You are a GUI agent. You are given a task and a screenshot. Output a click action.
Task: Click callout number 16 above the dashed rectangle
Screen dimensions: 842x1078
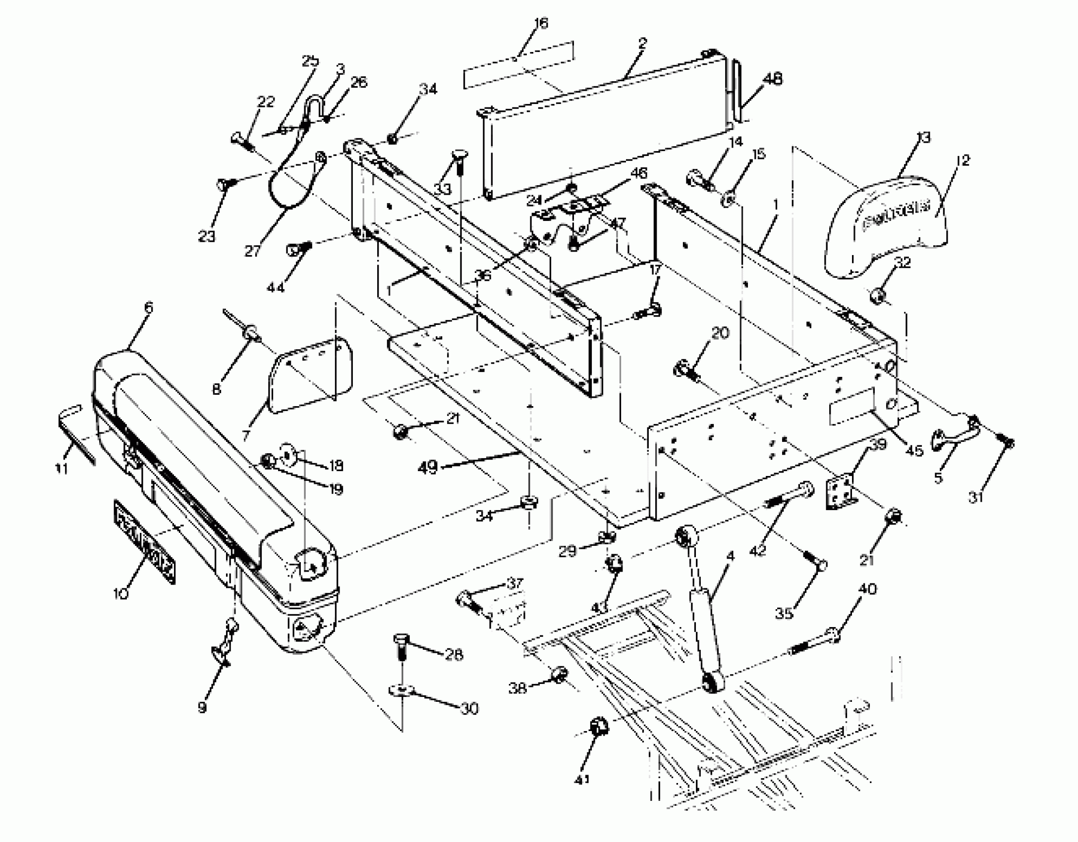(541, 23)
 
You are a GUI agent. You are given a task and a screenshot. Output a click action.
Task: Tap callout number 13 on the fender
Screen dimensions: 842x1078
(923, 137)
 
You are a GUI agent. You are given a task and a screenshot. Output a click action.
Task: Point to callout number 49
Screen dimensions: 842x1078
(428, 467)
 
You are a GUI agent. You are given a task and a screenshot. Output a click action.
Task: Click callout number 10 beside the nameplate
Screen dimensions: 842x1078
(120, 593)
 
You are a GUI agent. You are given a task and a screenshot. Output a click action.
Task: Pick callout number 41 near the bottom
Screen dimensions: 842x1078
(583, 779)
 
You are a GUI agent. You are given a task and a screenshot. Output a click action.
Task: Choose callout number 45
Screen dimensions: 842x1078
(914, 450)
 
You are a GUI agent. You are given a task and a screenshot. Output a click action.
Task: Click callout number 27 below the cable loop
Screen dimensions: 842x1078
(252, 251)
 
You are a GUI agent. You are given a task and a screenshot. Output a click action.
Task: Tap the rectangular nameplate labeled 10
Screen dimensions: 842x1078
(145, 542)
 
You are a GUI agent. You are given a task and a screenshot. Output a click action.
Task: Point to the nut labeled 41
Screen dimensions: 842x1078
(599, 727)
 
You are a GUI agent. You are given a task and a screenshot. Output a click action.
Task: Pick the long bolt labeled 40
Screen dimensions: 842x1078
(813, 642)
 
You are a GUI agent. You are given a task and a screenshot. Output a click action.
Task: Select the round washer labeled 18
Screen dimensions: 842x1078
(290, 453)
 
